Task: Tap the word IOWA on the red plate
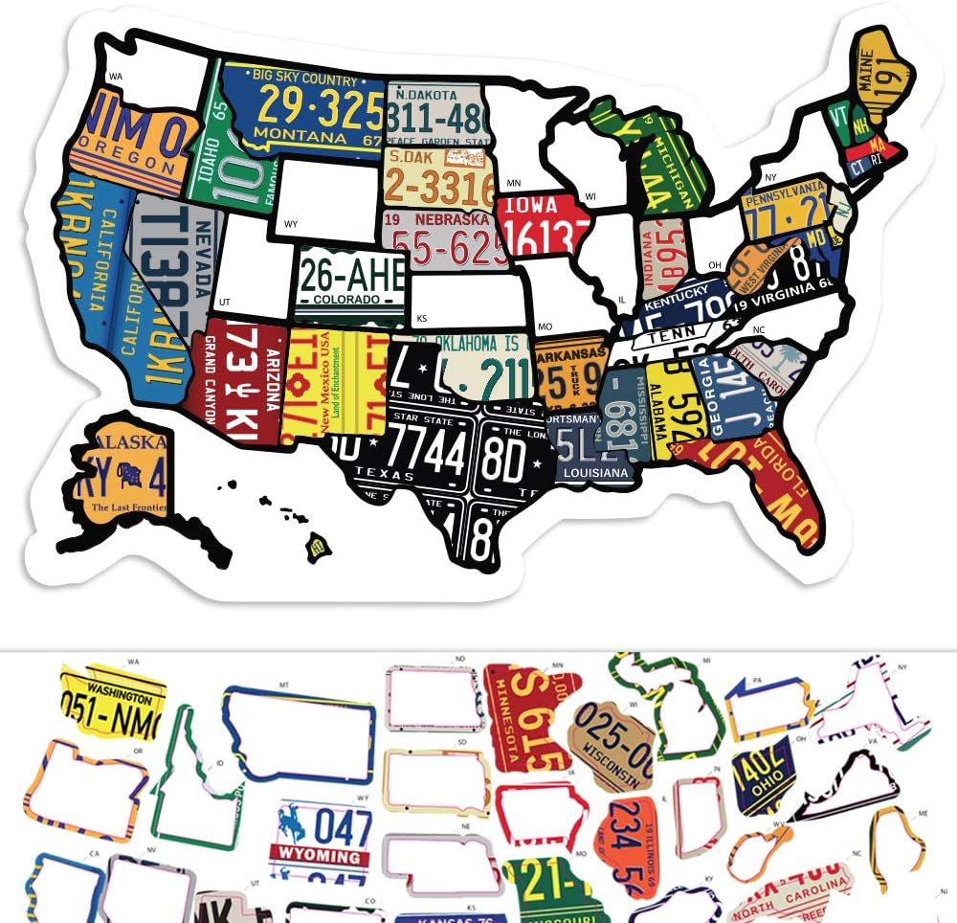pyautogui.click(x=530, y=206)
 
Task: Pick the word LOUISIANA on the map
pyautogui.click(x=596, y=473)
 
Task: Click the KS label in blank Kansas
pyautogui.click(x=420, y=318)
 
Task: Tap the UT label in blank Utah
pyautogui.click(x=224, y=301)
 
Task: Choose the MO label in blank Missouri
pyautogui.click(x=545, y=326)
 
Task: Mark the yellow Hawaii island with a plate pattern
pyautogui.click(x=317, y=547)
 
